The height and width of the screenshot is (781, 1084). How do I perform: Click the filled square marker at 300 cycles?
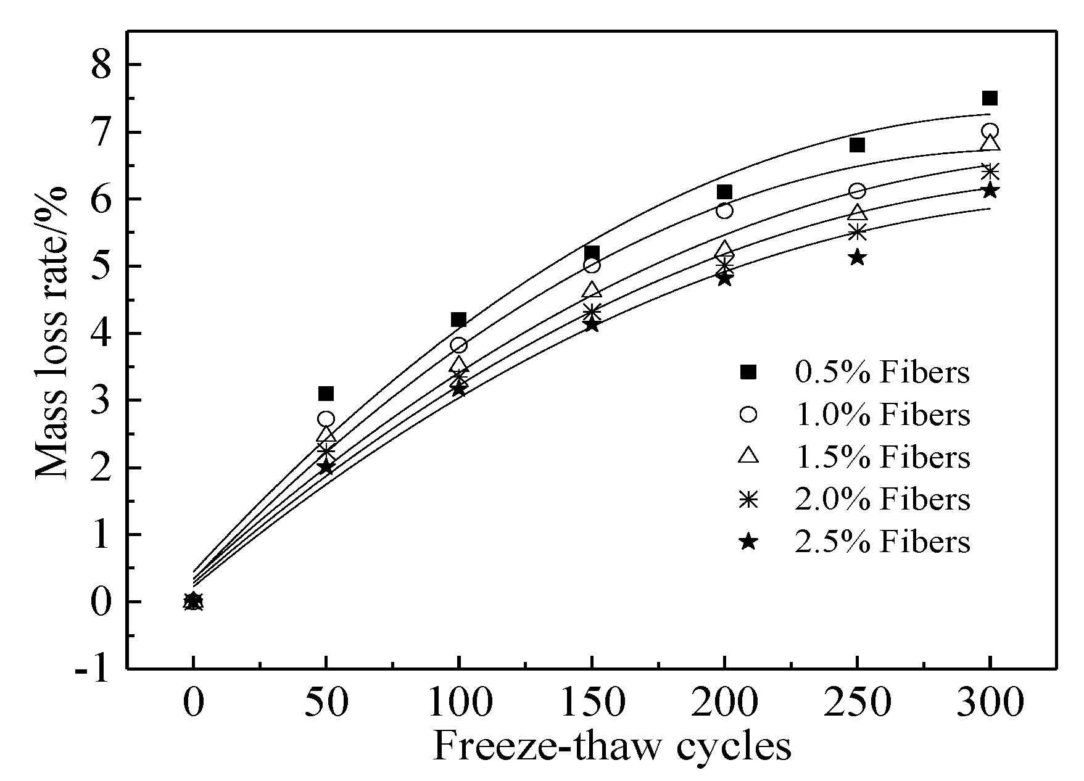[x=990, y=98]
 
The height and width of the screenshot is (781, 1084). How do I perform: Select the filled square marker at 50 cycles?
[x=326, y=394]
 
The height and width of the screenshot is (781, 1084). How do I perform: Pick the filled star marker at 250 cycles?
[x=857, y=257]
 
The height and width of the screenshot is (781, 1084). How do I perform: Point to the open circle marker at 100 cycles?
[x=459, y=345]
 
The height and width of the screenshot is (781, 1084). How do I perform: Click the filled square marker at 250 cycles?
[x=857, y=145]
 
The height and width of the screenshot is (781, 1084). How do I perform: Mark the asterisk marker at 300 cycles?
[x=990, y=171]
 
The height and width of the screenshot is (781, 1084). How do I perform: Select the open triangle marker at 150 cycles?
[x=592, y=289]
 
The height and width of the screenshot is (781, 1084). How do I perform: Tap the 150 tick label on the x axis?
[x=592, y=703]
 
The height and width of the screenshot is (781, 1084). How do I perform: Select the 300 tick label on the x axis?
[x=990, y=703]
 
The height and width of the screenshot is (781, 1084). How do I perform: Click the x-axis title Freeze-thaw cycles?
[x=612, y=746]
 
